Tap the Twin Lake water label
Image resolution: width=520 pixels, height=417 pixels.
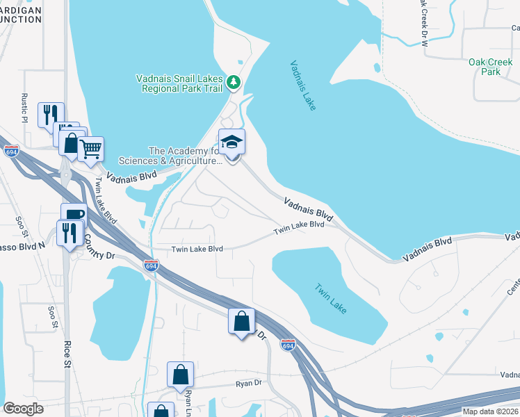pos(330,297)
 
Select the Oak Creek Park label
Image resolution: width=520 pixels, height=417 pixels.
pos(485,67)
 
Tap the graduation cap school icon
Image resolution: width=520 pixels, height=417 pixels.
pos(232,143)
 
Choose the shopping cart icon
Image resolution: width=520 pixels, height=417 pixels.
pos(91,148)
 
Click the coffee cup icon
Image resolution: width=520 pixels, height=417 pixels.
pos(74,215)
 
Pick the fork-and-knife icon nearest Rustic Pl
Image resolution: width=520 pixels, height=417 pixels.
pos(50,115)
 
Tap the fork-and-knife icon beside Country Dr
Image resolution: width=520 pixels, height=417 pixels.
pos(70,233)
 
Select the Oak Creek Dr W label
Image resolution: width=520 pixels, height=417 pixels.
pos(423,24)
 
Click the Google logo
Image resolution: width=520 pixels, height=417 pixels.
pos(23,409)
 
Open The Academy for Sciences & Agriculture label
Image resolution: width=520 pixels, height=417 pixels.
pos(184,156)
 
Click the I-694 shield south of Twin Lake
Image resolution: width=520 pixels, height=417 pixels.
pos(288,345)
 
